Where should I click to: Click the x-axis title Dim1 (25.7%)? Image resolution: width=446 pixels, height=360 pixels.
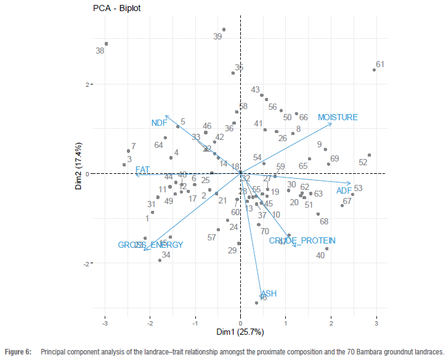point(240,332)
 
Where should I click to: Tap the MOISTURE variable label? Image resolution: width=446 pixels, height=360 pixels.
point(338,117)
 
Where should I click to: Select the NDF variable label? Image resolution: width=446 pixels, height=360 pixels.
point(159,123)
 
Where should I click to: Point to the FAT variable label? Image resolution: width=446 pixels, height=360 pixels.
point(143,170)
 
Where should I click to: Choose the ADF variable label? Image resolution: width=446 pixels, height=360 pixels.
point(344,191)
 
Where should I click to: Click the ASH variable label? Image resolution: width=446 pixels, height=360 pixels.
point(269,293)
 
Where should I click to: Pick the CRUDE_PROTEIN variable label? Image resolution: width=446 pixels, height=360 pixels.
point(302,240)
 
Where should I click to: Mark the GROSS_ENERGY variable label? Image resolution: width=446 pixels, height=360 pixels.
point(151,245)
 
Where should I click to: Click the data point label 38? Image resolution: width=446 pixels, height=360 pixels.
point(100,51)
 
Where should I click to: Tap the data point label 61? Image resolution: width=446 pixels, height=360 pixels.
point(380,64)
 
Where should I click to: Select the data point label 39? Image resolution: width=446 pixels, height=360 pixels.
point(217,37)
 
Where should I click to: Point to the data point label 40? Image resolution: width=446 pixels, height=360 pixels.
point(320,255)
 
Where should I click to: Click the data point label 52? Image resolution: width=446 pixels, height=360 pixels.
point(363,163)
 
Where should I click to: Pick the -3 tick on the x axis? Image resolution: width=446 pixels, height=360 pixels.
point(105,322)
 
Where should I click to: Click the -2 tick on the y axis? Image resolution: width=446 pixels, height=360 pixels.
point(87,263)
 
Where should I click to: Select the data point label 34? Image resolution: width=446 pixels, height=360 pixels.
point(166,255)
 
